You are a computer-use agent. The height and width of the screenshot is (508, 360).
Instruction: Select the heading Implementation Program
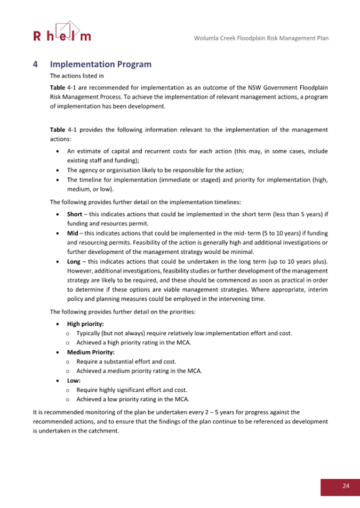[x=101, y=64]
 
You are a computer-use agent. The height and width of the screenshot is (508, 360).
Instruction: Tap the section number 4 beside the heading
[x=35, y=64]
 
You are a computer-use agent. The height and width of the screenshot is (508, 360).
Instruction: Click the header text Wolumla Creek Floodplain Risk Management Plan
[x=261, y=38]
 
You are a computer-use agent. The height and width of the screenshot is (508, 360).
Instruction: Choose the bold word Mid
[x=73, y=234]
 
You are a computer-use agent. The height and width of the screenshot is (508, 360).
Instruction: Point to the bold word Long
[x=74, y=262]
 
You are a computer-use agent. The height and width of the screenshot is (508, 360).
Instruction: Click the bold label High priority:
[x=85, y=324]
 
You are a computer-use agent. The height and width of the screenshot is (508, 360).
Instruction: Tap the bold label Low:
[x=74, y=381]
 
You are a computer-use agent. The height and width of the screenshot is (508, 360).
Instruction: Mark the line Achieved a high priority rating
[x=133, y=343]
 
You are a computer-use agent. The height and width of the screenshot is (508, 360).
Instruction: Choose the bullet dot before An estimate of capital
[x=57, y=152]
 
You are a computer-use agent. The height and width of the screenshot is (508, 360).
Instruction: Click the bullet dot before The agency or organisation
[x=57, y=171]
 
